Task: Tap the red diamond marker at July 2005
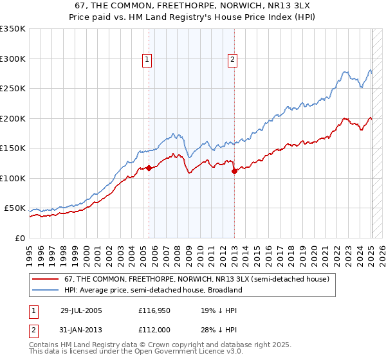tap(149, 168)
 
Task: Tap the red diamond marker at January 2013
tap(234, 171)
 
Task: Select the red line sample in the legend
tap(46, 279)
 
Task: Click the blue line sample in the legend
tap(46, 290)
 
